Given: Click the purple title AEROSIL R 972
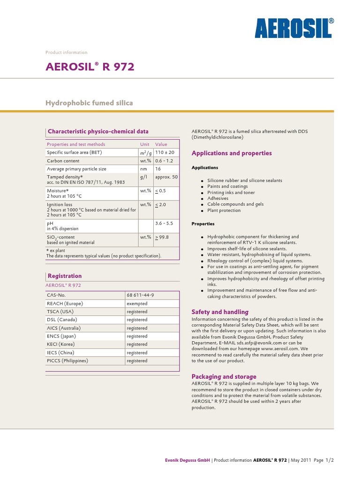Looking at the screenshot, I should pyautogui.click(x=90, y=67).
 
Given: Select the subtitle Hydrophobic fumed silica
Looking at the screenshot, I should pyautogui.click(x=89, y=103).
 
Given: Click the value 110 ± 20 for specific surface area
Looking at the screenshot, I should pyautogui.click(x=165, y=153).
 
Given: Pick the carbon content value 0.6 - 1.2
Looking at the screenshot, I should pyautogui.click(x=164, y=161).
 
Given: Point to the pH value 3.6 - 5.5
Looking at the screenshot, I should pyautogui.click(x=164, y=224).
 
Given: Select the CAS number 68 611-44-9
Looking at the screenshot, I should pyautogui.click(x=140, y=295).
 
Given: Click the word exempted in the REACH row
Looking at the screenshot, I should pyautogui.click(x=137, y=304).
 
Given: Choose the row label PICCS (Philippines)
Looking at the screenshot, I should pyautogui.click(x=67, y=361).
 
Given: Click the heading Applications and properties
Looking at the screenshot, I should pyautogui.click(x=232, y=153).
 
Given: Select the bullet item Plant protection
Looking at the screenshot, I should pyautogui.click(x=224, y=210).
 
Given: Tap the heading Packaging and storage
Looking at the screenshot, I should pyautogui.click(x=224, y=376).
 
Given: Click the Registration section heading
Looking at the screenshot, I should pyautogui.click(x=65, y=276).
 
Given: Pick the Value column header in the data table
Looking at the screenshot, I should pyautogui.click(x=161, y=144).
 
